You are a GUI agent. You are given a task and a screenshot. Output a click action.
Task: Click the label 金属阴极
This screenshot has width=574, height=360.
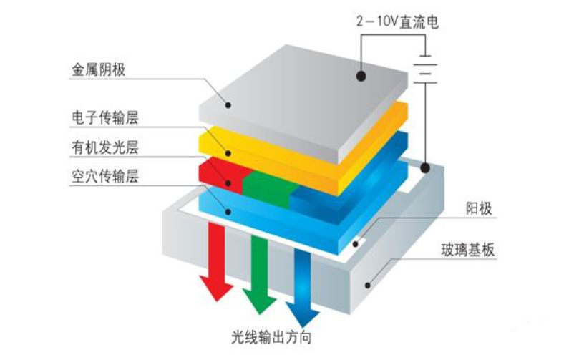(x=98, y=69)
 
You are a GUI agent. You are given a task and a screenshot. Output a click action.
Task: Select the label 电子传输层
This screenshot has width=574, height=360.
(x=105, y=117)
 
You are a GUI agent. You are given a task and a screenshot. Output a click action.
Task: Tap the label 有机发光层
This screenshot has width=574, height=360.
(x=105, y=147)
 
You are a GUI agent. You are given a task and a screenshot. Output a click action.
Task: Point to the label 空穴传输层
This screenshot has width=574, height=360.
(x=105, y=176)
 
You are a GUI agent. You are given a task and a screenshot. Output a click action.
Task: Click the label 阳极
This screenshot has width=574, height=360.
(x=479, y=208)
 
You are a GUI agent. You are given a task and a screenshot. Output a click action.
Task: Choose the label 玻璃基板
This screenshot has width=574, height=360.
(x=467, y=250)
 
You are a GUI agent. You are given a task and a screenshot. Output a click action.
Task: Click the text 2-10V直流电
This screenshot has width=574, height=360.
(x=397, y=21)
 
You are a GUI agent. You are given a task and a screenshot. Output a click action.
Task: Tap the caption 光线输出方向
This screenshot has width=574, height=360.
(x=271, y=337)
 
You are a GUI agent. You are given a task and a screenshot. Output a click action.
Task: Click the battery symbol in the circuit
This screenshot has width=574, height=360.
(x=425, y=69)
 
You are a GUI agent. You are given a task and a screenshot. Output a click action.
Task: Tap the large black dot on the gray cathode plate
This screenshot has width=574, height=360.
(x=361, y=76)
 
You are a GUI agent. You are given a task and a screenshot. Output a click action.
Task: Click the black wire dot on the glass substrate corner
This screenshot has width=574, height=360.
(x=425, y=168)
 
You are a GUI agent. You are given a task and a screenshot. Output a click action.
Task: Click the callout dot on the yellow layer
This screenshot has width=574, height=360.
(x=228, y=153)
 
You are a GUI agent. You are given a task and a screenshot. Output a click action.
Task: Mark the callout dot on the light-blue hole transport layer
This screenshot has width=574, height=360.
(x=228, y=212)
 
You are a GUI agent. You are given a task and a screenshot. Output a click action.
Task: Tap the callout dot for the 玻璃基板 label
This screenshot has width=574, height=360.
(x=368, y=286)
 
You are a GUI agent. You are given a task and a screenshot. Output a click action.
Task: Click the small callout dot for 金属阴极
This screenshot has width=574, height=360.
(x=228, y=105)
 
